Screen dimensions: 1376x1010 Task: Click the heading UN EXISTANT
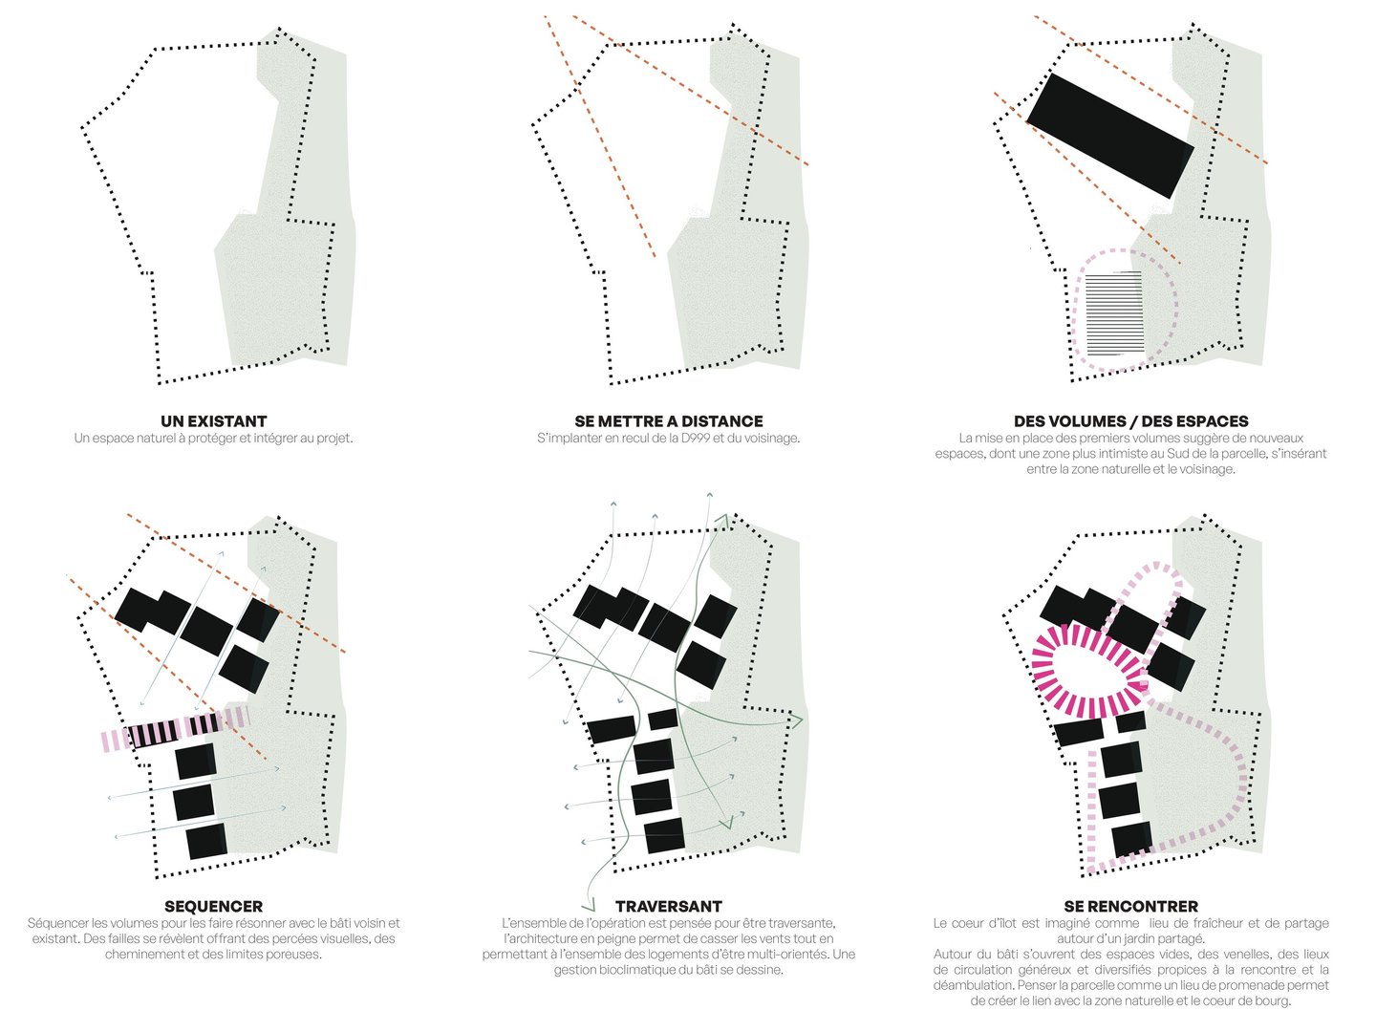[213, 421]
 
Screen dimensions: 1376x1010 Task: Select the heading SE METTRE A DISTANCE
[668, 421]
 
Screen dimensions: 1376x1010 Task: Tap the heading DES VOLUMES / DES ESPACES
[1130, 421]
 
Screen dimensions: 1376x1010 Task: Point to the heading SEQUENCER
[213, 907]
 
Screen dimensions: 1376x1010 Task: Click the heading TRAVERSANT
[668, 907]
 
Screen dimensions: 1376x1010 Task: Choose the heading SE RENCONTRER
[1130, 907]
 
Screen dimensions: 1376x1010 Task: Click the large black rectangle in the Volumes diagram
[1109, 135]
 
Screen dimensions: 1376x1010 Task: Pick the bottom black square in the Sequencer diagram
[205, 841]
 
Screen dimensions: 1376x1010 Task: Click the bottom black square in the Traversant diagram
[664, 835]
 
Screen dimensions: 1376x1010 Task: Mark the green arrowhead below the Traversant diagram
[585, 904]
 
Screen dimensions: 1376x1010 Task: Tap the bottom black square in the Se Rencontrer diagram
[1131, 840]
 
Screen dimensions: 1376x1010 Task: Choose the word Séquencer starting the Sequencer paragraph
[58, 924]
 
